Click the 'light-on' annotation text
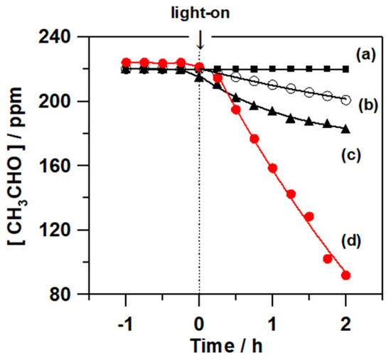click(x=200, y=12)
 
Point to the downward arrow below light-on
click(x=200, y=41)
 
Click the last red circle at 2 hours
click(x=346, y=275)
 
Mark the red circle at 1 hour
click(x=272, y=169)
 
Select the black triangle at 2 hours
click(x=346, y=129)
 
